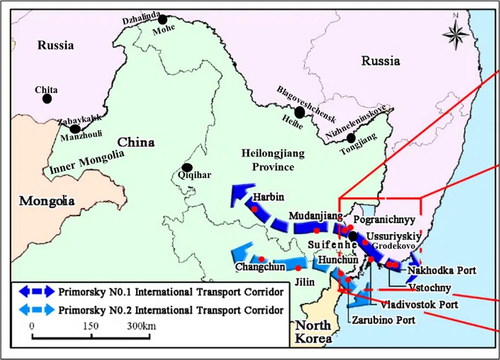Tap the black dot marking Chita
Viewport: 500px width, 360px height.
47,99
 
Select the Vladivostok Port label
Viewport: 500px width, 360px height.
418,304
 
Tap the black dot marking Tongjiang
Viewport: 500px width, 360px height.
351,138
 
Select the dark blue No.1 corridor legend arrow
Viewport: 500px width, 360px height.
35,291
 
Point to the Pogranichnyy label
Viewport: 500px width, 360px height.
385,218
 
